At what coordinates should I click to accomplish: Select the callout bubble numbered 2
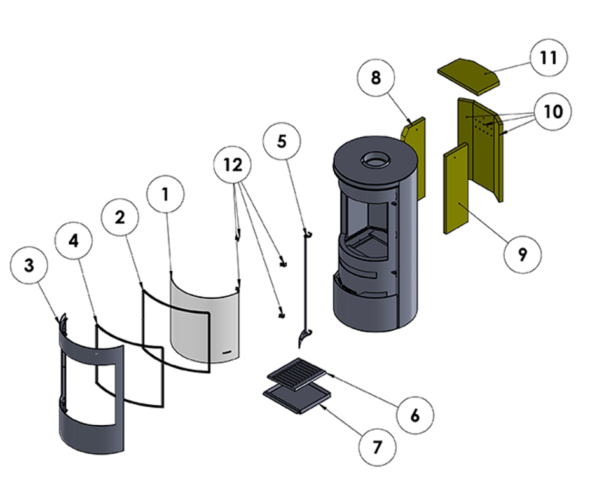(x=120, y=217)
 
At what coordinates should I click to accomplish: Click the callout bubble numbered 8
(x=376, y=78)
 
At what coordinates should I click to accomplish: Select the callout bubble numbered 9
(x=522, y=254)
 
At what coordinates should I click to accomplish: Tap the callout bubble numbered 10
(x=552, y=112)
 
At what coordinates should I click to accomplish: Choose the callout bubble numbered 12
(x=232, y=165)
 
